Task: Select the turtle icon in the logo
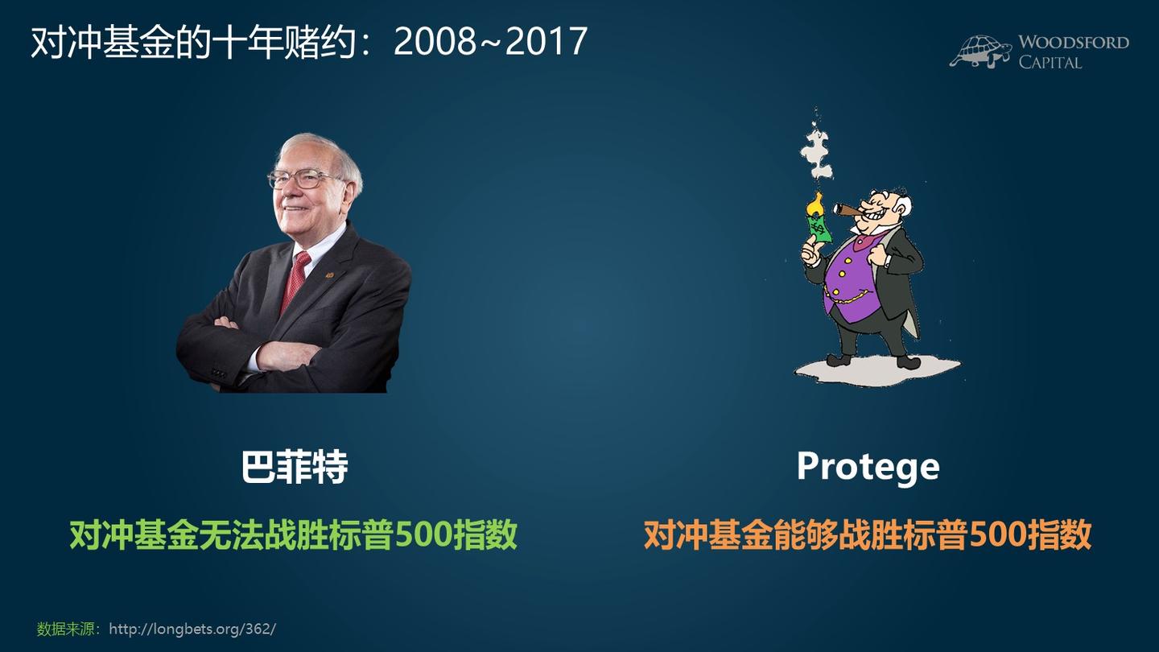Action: [980, 51]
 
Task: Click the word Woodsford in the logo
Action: [1073, 43]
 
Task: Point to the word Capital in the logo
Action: [1050, 62]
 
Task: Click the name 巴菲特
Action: [295, 467]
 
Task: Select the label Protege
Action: [868, 466]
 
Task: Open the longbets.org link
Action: [192, 629]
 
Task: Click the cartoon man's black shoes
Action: [873, 361]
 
